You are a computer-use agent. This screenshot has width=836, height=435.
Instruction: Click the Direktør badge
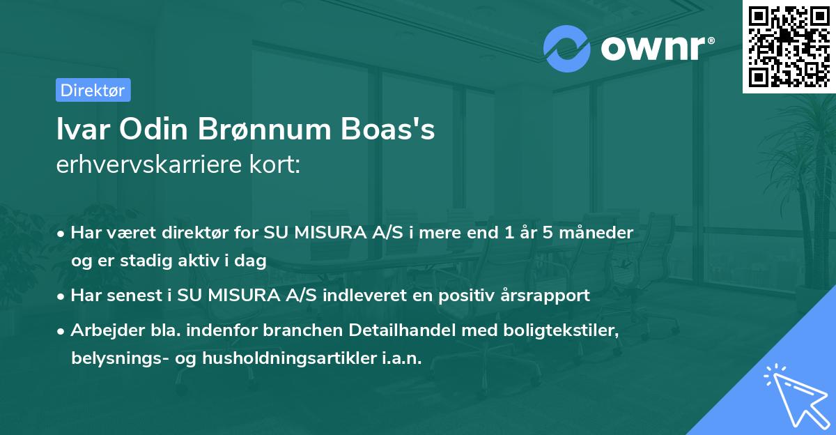point(93,90)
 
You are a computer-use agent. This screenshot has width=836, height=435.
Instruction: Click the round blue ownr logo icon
point(567,48)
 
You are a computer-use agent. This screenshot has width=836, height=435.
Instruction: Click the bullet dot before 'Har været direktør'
point(62,234)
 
